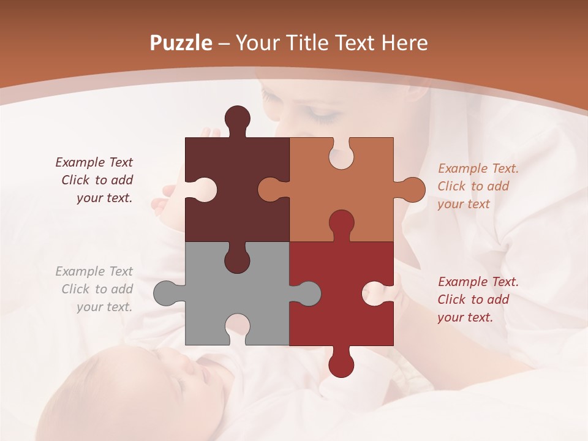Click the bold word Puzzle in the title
point(181,43)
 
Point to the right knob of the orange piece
point(412,190)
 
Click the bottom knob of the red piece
point(341,364)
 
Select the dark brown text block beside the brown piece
point(95,180)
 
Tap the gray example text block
point(95,289)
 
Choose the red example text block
point(478,300)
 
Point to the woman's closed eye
point(321,113)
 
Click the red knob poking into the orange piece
point(341,224)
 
